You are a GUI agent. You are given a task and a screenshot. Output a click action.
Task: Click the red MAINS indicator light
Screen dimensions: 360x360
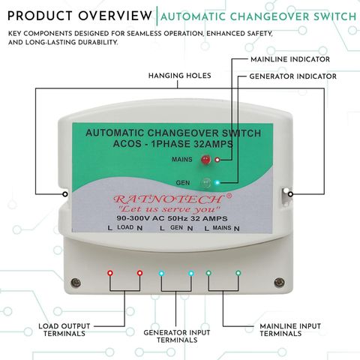pyautogui.click(x=205, y=160)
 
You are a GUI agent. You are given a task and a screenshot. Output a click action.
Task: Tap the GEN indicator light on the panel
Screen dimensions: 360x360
pyautogui.click(x=205, y=183)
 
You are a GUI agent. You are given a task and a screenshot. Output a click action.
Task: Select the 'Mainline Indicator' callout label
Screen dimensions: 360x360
pyautogui.click(x=290, y=59)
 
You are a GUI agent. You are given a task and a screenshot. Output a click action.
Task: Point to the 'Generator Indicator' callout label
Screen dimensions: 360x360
pyautogui.click(x=293, y=76)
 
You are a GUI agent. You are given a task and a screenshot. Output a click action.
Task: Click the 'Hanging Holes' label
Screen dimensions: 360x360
pyautogui.click(x=180, y=76)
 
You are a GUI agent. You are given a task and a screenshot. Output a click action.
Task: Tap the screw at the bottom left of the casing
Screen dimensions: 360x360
pyautogui.click(x=76, y=283)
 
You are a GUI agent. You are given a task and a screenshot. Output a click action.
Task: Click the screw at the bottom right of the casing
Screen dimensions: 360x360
pyautogui.click(x=279, y=283)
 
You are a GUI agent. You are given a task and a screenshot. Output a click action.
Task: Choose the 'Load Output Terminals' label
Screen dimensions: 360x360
pyautogui.click(x=64, y=330)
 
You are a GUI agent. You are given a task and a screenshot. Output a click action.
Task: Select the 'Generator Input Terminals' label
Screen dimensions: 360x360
pyautogui.click(x=177, y=336)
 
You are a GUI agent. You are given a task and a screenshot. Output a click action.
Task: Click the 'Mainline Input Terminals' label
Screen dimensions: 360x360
pyautogui.click(x=290, y=330)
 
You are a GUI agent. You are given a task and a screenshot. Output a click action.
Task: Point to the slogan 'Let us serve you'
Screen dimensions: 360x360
pyautogui.click(x=169, y=209)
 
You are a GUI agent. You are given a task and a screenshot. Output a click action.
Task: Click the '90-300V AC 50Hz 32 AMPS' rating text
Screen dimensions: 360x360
pyautogui.click(x=172, y=218)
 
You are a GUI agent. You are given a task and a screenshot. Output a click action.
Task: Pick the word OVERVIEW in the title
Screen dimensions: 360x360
pyautogui.click(x=115, y=16)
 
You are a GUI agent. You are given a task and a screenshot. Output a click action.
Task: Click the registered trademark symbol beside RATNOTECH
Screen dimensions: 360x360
pyautogui.click(x=229, y=196)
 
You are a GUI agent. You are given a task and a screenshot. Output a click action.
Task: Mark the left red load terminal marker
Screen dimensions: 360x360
pyautogui.click(x=110, y=273)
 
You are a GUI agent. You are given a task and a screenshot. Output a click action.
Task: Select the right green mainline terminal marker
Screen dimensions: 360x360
pyautogui.click(x=238, y=273)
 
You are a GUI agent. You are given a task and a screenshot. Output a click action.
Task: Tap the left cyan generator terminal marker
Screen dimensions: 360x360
pyautogui.click(x=161, y=273)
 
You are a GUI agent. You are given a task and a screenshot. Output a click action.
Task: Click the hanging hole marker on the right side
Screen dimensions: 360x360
pyautogui.click(x=290, y=194)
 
